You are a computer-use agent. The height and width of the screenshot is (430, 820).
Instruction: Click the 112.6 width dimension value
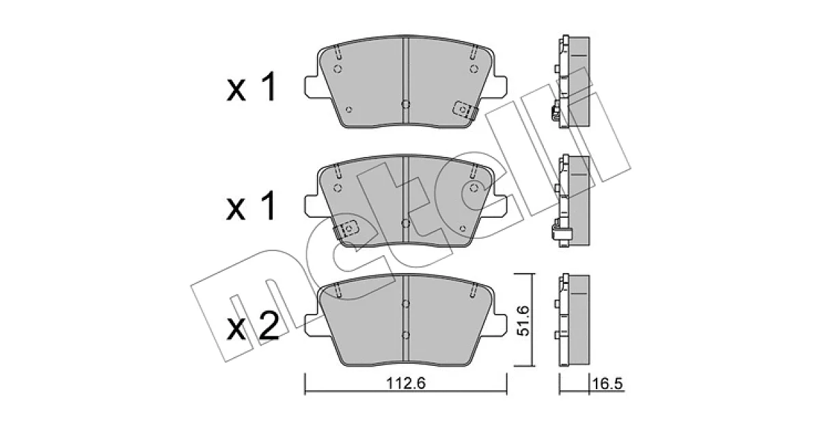(x=406, y=383)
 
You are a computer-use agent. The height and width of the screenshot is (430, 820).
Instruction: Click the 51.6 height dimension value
(x=522, y=321)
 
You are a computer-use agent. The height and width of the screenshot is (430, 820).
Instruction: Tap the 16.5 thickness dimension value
(x=607, y=384)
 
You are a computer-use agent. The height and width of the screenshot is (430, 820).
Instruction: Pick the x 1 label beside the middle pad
(x=251, y=206)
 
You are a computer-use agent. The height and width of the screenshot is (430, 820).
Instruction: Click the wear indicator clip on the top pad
(x=465, y=110)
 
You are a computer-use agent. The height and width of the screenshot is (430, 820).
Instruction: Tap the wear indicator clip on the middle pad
(x=346, y=229)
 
